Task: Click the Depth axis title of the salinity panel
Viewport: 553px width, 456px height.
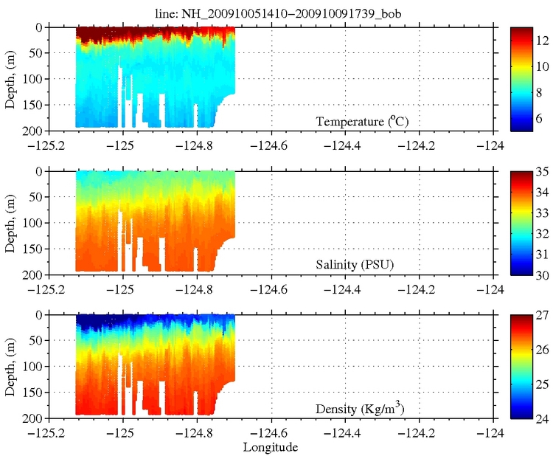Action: point(10,222)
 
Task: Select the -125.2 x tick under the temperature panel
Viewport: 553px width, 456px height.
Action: point(48,145)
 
